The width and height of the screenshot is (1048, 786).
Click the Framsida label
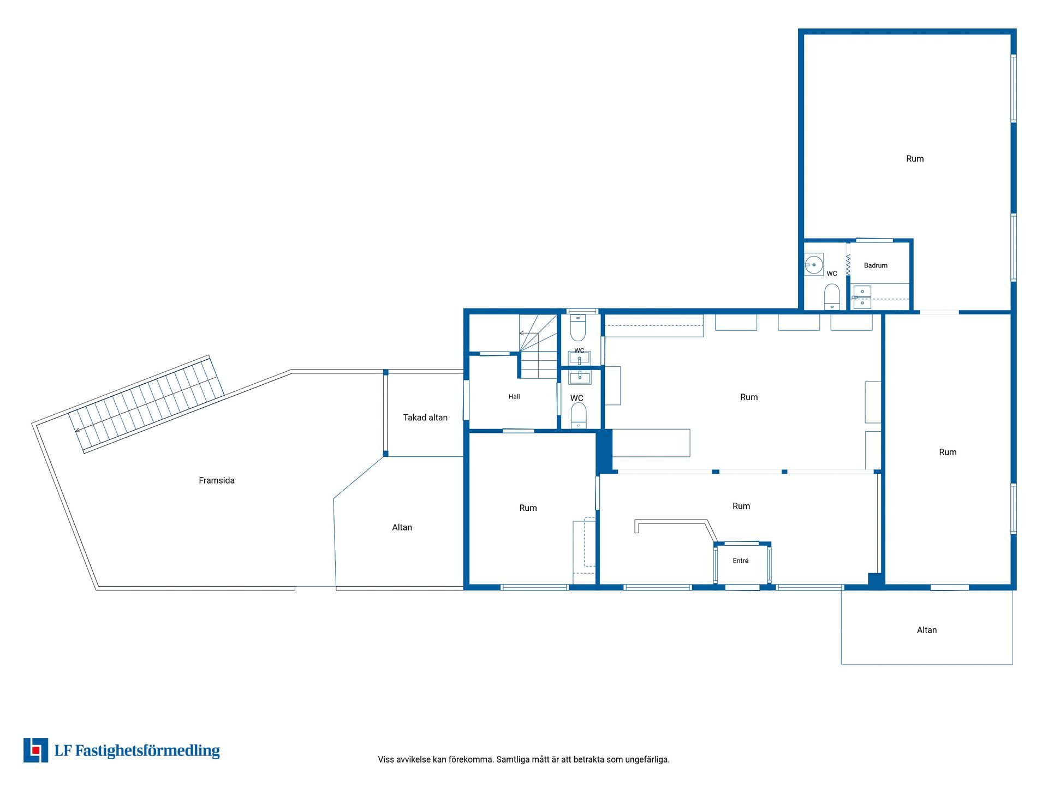point(217,480)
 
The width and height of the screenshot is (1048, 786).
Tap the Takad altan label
point(425,418)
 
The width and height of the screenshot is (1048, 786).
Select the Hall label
point(514,397)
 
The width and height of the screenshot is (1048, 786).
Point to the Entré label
point(741,561)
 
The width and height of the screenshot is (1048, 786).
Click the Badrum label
point(876,265)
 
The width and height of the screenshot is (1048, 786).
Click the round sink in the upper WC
point(814,265)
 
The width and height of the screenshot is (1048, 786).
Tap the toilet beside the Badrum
point(832,296)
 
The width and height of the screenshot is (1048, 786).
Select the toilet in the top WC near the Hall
point(578,327)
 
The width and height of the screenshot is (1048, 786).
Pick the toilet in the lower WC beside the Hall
point(579,415)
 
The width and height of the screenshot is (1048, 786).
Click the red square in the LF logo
point(36,751)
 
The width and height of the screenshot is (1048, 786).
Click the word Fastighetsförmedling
point(147,751)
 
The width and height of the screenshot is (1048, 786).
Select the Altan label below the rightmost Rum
point(927,630)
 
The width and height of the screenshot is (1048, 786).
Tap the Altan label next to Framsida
point(402,527)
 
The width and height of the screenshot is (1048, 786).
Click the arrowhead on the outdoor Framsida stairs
point(78,430)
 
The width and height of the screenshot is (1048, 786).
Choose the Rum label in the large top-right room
point(915,159)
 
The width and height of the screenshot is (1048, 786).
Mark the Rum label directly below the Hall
point(528,508)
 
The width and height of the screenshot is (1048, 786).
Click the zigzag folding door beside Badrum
point(848,264)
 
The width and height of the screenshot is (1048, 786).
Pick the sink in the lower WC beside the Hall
point(579,377)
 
